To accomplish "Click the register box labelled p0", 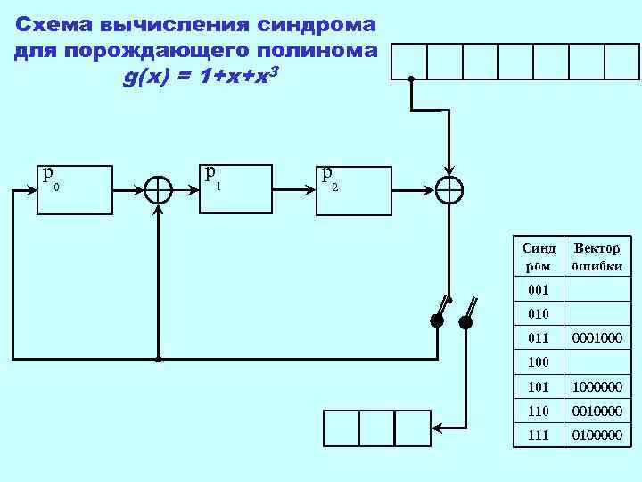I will tap(74, 190).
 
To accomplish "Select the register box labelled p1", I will tap(234, 188).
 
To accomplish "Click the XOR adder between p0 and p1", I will tap(158, 190).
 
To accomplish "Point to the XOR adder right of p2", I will tap(449, 189).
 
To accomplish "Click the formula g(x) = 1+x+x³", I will tap(202, 78).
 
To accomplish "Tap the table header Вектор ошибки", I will tap(597, 257).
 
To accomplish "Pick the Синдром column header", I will tap(539, 257).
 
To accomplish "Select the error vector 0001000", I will tap(597, 339).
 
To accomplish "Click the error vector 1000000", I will tap(597, 388).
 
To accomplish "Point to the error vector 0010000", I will tap(597, 412).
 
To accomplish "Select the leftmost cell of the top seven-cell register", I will tap(409, 61).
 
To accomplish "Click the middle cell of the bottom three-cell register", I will tap(376, 428).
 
